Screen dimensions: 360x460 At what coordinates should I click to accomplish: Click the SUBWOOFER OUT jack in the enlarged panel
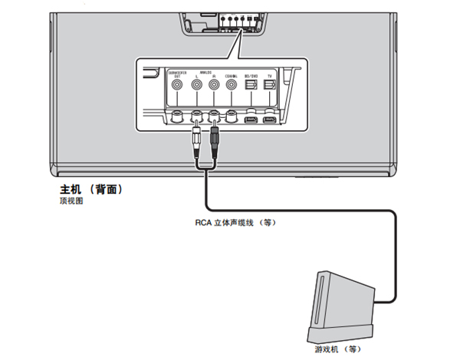coord(178,87)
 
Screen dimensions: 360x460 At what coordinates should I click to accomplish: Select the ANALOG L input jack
coord(196,87)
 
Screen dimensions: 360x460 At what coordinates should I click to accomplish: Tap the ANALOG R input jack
coord(214,87)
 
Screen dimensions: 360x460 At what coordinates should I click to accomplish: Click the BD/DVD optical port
coord(250,87)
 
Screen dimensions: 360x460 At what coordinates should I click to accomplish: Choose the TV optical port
coord(268,87)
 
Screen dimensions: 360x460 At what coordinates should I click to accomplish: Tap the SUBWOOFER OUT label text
coord(177,74)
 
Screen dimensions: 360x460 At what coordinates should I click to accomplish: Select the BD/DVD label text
coord(250,75)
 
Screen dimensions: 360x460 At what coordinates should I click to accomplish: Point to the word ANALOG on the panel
coord(205,71)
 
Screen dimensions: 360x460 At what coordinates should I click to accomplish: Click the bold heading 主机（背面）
coord(91,188)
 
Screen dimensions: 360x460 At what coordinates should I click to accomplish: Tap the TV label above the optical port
coord(268,75)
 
